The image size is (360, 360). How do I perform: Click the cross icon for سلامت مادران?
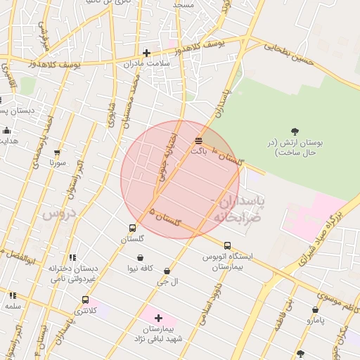[146, 52]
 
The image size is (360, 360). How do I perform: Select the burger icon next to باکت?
[199, 141]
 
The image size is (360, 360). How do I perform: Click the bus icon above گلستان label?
[132, 228]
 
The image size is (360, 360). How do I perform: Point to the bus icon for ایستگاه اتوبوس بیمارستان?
[226, 245]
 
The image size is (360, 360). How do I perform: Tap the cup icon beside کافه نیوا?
[141, 257]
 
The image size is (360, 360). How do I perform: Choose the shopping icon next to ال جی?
[167, 271]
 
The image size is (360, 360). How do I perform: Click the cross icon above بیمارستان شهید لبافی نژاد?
[158, 318]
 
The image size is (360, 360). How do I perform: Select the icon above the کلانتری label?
[85, 300]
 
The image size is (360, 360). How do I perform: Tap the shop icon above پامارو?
[315, 309]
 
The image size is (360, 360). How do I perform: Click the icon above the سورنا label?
[57, 152]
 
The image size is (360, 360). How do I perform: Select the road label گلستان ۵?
[165, 217]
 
